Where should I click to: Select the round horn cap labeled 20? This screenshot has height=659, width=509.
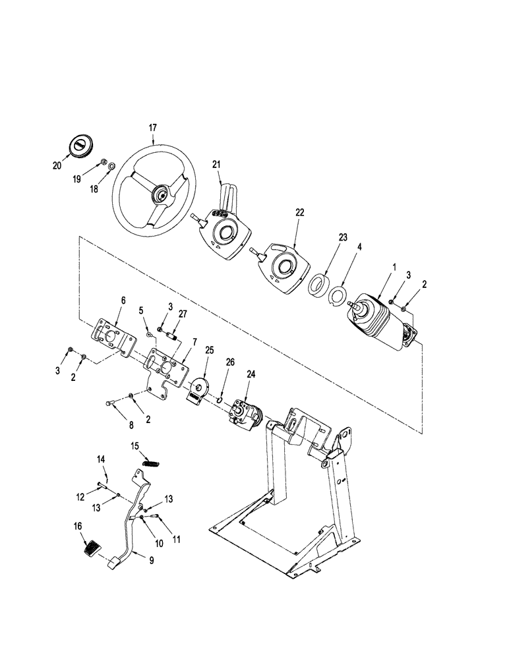79,147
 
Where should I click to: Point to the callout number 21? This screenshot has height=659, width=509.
217,164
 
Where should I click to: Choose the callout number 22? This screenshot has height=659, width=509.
300,212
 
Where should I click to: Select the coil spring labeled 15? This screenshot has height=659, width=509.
151,463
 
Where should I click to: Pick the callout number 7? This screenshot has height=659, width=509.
195,341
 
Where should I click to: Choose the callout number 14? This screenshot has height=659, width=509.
102,459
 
